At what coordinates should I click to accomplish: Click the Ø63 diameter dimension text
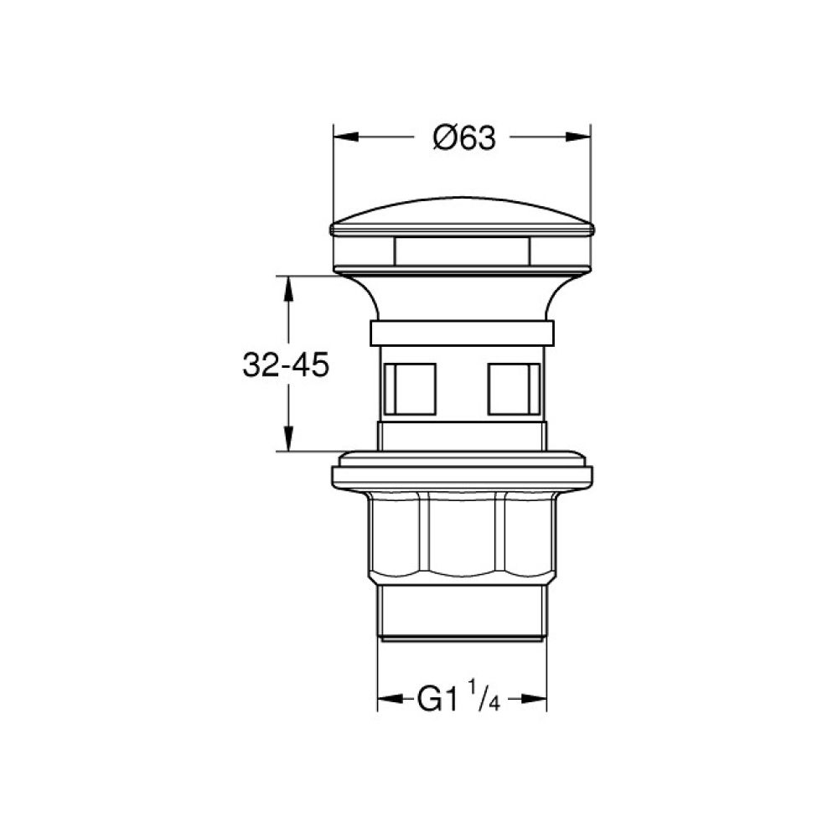[464, 137]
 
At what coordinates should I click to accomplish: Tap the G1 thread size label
[437, 700]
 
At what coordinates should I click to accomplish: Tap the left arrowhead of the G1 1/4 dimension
[388, 699]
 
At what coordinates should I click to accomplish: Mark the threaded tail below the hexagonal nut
[463, 612]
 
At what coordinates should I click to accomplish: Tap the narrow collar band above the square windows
[463, 332]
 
